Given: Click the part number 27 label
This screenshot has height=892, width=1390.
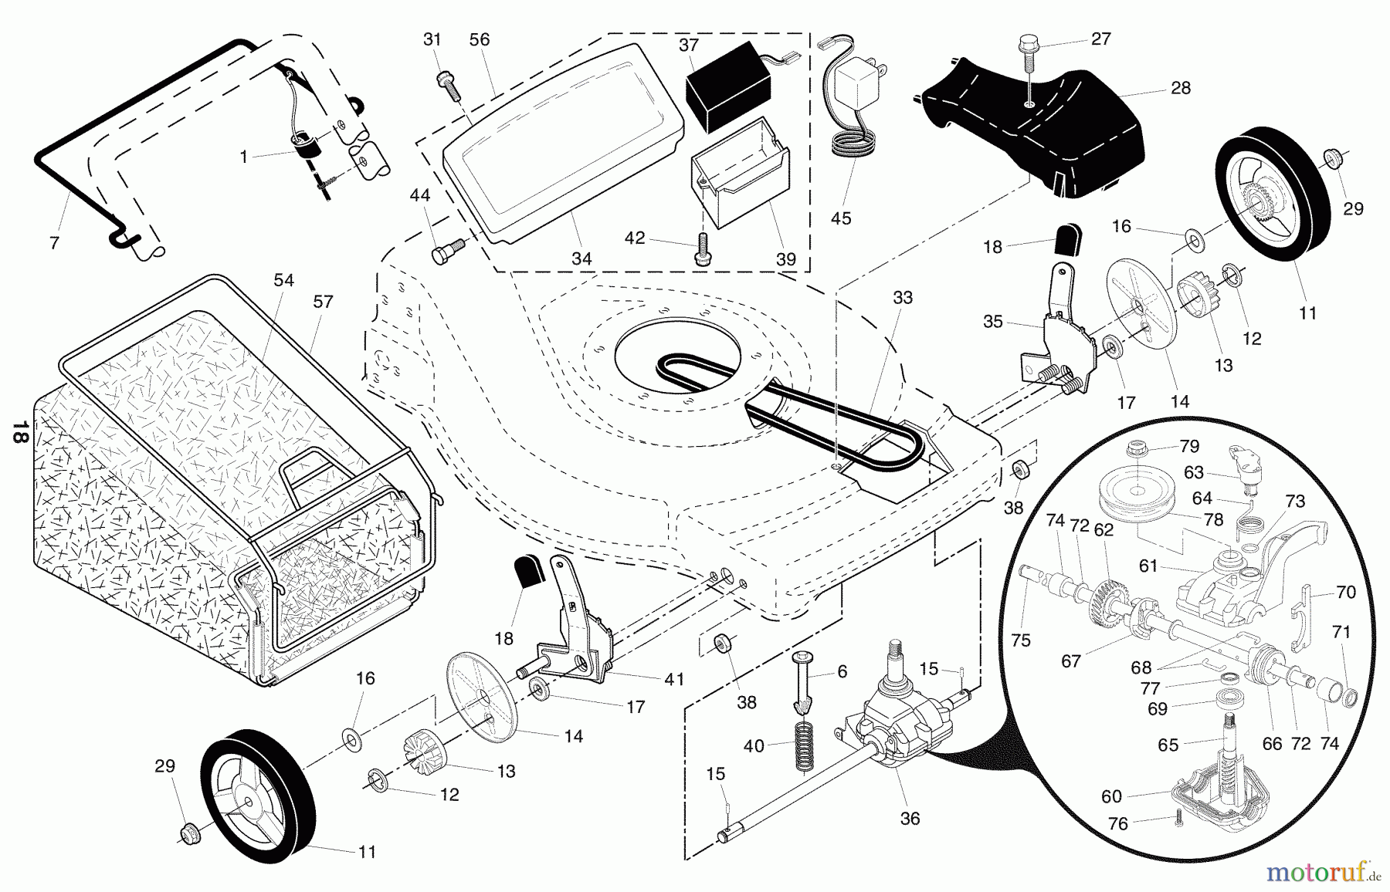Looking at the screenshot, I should [1101, 39].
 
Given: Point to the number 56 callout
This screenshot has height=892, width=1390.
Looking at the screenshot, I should [480, 39].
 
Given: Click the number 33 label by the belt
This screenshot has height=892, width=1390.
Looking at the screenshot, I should [902, 297].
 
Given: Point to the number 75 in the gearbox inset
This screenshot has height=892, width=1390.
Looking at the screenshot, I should [1021, 640].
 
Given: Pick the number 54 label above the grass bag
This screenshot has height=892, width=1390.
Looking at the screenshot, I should [283, 280].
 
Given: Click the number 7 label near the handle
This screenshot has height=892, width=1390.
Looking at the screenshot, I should [53, 243].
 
